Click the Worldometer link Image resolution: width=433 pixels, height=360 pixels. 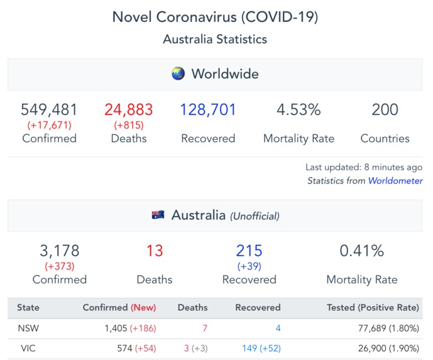click(395, 180)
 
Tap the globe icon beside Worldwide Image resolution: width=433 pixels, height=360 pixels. click(178, 74)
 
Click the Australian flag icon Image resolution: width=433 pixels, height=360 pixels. click(158, 215)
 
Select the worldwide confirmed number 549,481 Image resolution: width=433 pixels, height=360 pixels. click(49, 110)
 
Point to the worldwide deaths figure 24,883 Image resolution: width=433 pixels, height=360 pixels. click(129, 110)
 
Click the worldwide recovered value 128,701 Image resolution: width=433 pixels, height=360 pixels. click(208, 110)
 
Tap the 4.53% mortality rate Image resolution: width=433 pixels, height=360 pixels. click(299, 110)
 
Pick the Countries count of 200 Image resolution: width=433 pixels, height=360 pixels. click(385, 110)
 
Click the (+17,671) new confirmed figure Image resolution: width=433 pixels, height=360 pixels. click(49, 125)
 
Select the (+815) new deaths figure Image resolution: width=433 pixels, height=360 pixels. click(129, 125)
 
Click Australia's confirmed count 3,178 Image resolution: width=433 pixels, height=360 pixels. click(60, 251)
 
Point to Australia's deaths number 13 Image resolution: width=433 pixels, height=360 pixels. click(155, 251)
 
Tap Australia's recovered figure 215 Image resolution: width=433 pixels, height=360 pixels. click(249, 251)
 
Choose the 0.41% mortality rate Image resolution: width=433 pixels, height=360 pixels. click(361, 251)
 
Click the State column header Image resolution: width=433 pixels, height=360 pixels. click(28, 308)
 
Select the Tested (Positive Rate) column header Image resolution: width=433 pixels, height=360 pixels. click(373, 308)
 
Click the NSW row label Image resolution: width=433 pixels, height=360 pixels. click(26, 328)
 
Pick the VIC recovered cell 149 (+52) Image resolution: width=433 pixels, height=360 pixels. click(261, 348)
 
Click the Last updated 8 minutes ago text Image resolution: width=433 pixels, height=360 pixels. click(363, 168)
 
